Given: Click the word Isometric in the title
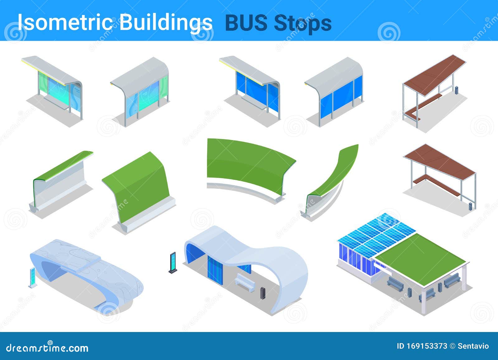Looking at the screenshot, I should tap(65, 22).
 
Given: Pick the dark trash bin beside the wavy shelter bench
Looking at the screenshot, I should tap(263, 293).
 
